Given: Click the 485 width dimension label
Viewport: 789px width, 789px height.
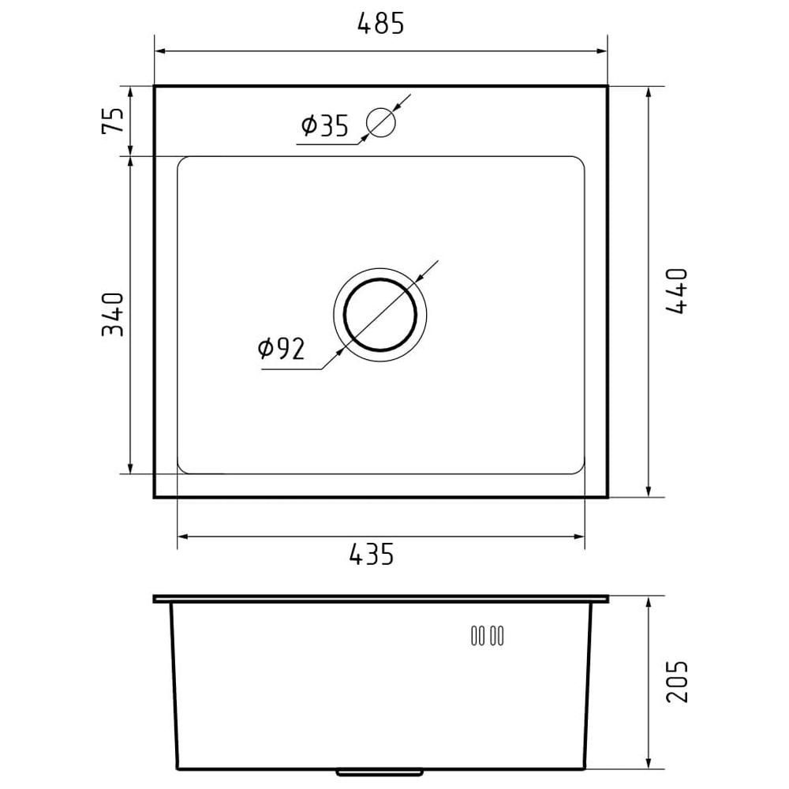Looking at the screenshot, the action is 380,23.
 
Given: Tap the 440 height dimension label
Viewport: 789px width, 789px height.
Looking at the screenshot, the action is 676,291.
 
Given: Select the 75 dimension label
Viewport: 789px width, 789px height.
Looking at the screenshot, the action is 113,120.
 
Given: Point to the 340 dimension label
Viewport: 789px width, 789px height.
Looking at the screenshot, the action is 112,314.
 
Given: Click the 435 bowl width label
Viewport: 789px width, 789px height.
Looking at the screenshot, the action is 372,554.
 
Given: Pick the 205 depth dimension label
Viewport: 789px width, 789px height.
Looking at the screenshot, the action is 676,682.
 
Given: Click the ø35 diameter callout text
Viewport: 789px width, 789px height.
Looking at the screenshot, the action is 324,125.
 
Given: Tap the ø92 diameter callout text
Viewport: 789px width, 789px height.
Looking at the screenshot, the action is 282,348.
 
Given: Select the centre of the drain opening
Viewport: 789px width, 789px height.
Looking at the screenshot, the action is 380,315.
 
